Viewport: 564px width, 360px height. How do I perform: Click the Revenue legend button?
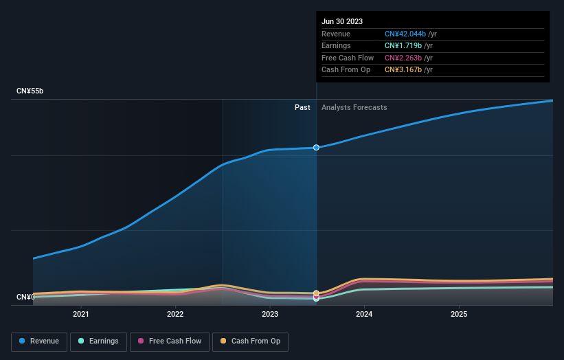[39, 341]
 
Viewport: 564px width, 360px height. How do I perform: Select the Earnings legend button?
[98, 341]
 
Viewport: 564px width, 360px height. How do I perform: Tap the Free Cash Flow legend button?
[169, 341]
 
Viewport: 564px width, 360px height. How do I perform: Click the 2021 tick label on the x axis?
[81, 315]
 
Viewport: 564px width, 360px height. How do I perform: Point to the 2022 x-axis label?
[175, 315]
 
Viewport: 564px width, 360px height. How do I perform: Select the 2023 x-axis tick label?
[270, 315]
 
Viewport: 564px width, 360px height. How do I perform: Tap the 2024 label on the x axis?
[364, 315]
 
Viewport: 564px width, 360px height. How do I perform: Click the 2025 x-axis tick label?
[459, 315]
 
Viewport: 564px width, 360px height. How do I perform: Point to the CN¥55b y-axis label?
[30, 91]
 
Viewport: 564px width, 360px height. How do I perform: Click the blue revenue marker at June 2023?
[316, 148]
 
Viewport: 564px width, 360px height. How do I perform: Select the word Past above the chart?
[302, 108]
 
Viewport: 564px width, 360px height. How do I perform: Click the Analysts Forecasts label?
[354, 108]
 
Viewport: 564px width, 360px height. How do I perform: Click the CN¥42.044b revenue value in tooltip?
[405, 34]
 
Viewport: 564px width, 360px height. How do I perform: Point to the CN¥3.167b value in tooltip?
[404, 70]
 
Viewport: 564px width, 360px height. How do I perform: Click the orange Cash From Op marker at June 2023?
[316, 293]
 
